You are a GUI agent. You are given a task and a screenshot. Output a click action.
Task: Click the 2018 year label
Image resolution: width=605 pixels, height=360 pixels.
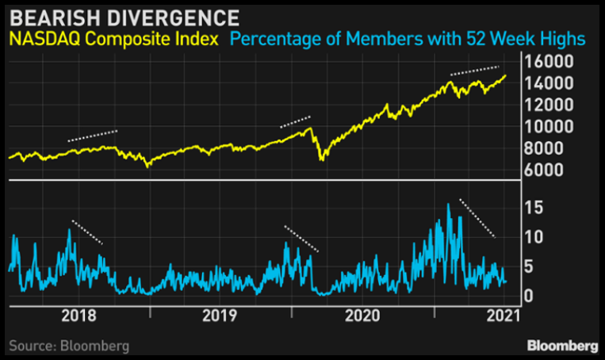pyautogui.click(x=78, y=316)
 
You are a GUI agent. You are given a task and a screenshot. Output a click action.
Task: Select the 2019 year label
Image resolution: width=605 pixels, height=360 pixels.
pyautogui.click(x=220, y=316)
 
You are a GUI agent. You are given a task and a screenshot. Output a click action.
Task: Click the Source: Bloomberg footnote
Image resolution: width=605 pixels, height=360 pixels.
pyautogui.click(x=69, y=346)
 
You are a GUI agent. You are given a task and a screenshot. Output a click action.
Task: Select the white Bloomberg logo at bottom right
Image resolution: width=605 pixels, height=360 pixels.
pyautogui.click(x=563, y=346)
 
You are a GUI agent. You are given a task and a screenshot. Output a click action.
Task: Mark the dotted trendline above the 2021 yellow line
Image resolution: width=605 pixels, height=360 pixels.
pyautogui.click(x=474, y=70)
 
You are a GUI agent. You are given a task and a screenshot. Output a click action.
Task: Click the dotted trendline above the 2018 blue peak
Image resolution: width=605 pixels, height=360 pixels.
pyautogui.click(x=87, y=231)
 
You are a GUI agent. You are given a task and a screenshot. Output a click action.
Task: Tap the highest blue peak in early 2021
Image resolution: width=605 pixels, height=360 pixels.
pyautogui.click(x=449, y=205)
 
